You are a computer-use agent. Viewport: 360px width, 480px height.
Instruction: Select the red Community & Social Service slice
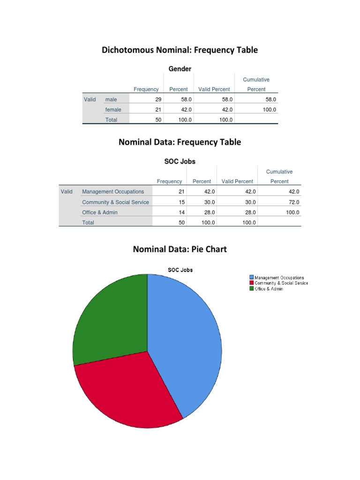[127, 394]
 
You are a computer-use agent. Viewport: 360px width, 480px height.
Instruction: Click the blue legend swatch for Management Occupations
[252, 277]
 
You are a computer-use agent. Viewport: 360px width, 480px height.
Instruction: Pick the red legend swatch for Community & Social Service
[252, 283]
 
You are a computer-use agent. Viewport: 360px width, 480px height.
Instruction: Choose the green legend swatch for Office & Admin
[252, 289]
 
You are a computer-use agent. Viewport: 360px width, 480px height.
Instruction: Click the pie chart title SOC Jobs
[180, 270]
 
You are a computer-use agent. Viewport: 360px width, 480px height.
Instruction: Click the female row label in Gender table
[113, 110]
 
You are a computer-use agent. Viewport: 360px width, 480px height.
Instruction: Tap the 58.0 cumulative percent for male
[270, 99]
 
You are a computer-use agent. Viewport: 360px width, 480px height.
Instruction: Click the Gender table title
[180, 69]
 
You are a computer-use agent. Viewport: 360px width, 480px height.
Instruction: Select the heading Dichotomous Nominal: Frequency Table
[180, 50]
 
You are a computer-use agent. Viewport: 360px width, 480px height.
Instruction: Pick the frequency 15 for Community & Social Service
[181, 202]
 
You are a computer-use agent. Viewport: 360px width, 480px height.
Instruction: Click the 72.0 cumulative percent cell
[293, 202]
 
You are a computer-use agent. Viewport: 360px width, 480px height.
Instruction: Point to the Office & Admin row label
[100, 212]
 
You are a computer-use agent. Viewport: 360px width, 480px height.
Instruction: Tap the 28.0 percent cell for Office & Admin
[209, 212]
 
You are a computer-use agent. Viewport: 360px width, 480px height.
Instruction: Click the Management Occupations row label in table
[113, 192]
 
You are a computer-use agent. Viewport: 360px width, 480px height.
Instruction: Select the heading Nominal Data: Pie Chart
[180, 249]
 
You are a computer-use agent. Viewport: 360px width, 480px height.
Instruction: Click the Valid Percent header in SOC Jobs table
[237, 181]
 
